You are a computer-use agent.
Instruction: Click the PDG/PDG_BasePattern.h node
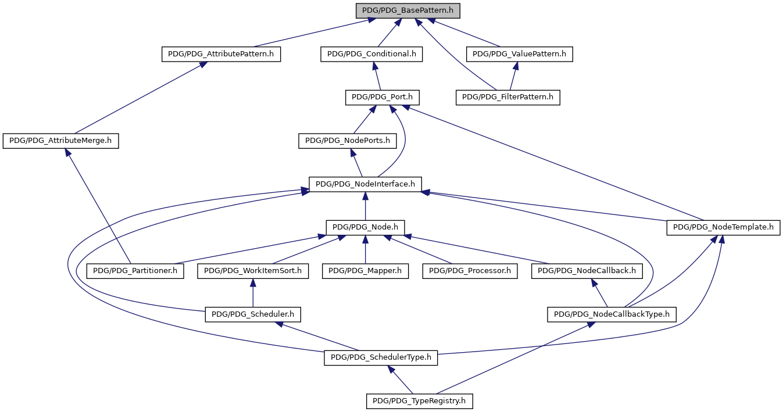tap(408, 11)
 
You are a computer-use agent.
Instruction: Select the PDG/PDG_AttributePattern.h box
tap(221, 54)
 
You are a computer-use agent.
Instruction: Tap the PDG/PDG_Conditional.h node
tap(371, 54)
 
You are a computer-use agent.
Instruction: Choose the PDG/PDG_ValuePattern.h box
tap(520, 54)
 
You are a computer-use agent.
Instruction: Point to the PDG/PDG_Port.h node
tap(382, 98)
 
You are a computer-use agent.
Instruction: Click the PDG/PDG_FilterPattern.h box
tap(508, 98)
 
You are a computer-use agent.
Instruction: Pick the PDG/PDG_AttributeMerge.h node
tap(61, 141)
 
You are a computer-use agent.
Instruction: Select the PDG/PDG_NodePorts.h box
tap(348, 141)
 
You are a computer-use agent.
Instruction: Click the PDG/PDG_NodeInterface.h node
tap(365, 184)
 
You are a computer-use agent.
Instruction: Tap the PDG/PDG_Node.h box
tap(365, 227)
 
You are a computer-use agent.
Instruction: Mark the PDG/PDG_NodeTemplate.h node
tap(723, 227)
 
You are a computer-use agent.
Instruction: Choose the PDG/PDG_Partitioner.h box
tap(135, 271)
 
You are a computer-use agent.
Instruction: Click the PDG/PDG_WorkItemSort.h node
tap(253, 271)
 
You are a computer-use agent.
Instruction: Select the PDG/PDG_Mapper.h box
tap(365, 271)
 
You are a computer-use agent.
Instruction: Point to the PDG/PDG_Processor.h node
tap(470, 271)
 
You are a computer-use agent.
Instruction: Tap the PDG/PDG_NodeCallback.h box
tap(587, 271)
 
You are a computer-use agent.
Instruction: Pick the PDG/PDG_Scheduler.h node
tap(253, 314)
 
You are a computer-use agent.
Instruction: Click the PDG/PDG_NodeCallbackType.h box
tap(612, 314)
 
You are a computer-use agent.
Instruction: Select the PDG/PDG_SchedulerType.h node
tap(381, 358)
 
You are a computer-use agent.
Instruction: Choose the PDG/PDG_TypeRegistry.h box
tap(420, 401)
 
